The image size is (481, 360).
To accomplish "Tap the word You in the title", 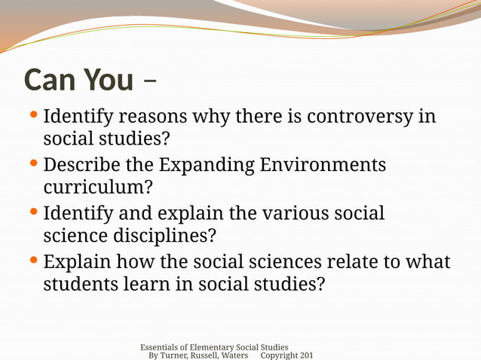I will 109,79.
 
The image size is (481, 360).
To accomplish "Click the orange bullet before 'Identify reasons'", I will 35,116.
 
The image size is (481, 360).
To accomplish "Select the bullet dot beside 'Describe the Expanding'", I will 35,163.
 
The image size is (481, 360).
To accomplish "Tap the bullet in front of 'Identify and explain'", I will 35,212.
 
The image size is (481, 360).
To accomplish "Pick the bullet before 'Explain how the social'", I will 35,261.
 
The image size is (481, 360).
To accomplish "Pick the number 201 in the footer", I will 306,355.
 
